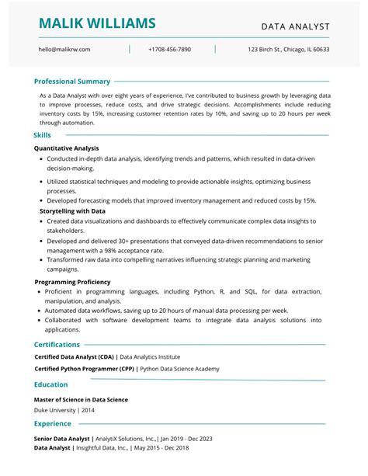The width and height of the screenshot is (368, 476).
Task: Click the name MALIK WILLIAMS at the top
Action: pyautogui.click(x=97, y=23)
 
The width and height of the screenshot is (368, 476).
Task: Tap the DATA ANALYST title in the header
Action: pyautogui.click(x=295, y=26)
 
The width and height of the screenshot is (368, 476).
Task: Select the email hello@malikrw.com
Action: pyautogui.click(x=64, y=49)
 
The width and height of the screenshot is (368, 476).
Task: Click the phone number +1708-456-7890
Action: pyautogui.click(x=169, y=49)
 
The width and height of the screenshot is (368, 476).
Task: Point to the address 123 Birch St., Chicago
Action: pyautogui.click(x=288, y=49)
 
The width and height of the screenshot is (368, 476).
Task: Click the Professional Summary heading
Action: pyautogui.click(x=72, y=81)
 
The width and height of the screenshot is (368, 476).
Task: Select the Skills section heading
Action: pyautogui.click(x=43, y=134)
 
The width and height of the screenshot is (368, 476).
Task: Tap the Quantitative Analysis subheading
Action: pyautogui.click(x=67, y=148)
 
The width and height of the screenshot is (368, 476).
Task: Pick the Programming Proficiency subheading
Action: pyautogui.click(x=72, y=281)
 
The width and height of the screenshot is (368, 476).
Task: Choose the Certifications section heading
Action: pyautogui.click(x=57, y=344)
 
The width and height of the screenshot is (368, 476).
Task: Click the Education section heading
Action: pyautogui.click(x=50, y=384)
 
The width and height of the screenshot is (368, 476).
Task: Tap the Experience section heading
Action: pyautogui.click(x=52, y=424)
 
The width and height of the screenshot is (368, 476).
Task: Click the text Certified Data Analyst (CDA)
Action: pyautogui.click(x=74, y=357)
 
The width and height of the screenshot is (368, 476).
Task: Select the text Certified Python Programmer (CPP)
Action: pyautogui.click(x=84, y=370)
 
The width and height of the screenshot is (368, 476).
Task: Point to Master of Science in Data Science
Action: pyautogui.click(x=81, y=399)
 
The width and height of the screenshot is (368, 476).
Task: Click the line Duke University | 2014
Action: pyautogui.click(x=64, y=409)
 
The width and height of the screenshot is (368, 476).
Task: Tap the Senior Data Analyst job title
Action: pyautogui.click(x=62, y=438)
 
